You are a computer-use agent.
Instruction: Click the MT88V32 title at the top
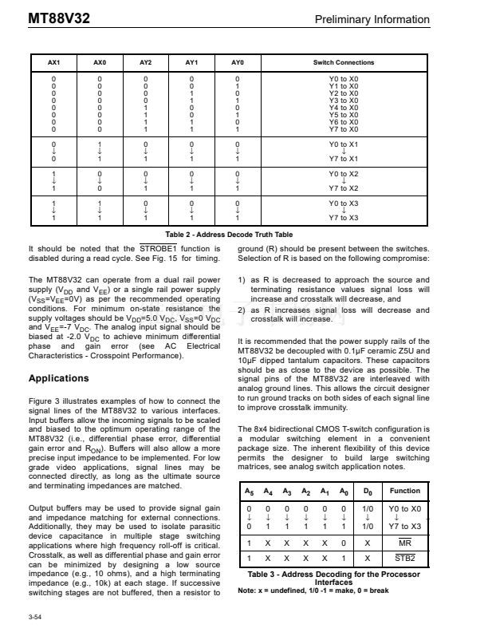[x=57, y=18]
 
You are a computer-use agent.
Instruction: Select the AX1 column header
[x=54, y=62]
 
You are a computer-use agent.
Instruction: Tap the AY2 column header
[x=145, y=62]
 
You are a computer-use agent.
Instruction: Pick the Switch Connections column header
[x=343, y=62]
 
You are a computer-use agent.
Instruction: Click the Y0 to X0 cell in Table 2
[x=344, y=79]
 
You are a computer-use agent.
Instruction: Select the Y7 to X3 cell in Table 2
[x=344, y=218]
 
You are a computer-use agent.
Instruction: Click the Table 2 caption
[x=229, y=235]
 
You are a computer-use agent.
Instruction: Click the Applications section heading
[x=59, y=378]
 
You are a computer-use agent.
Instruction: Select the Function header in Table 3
[x=405, y=491]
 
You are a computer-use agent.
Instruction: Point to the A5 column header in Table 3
[x=250, y=492]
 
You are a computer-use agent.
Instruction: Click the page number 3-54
[x=35, y=617]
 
